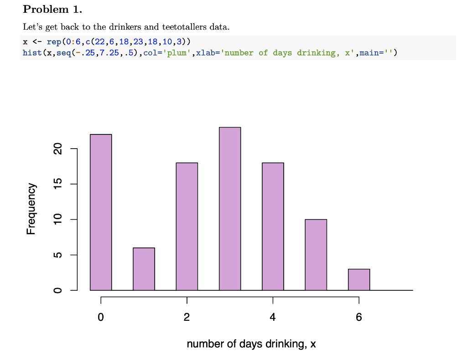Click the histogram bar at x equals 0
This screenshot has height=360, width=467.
click(101, 212)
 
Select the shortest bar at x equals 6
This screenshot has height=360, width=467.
click(359, 279)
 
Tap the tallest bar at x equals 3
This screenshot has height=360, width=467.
click(230, 209)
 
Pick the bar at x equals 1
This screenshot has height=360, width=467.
click(144, 269)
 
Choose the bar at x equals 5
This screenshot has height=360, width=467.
click(316, 255)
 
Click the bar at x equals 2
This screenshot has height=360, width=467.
click(187, 226)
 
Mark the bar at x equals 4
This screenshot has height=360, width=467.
click(273, 226)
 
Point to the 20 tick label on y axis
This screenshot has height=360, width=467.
click(57, 149)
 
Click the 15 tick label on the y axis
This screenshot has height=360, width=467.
click(57, 184)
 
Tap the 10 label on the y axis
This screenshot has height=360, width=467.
click(57, 220)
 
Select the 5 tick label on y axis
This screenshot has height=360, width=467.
click(57, 255)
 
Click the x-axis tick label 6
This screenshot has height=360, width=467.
click(359, 318)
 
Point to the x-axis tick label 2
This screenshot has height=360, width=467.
click(187, 318)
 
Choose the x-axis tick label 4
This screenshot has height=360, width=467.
click(273, 318)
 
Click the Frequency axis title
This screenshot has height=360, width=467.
click(31, 209)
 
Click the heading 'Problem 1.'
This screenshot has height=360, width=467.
click(52, 9)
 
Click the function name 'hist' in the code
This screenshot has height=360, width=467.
click(31, 53)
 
